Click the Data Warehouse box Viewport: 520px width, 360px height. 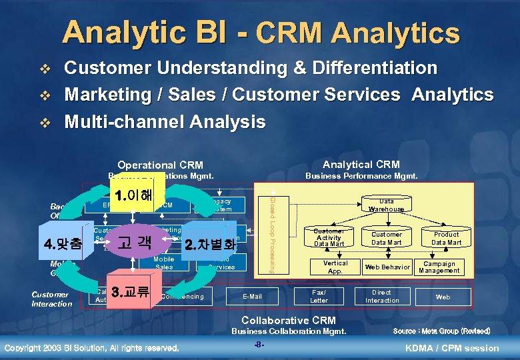coord(386,205)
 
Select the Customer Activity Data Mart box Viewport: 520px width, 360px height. coord(329,237)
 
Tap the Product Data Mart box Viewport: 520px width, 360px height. coord(446,238)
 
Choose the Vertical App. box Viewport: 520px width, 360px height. coord(335,267)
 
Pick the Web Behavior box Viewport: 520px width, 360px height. coord(387,267)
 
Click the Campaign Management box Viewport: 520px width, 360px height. coord(439,267)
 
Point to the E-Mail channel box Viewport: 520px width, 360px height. coord(252,296)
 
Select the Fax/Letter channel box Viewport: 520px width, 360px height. coord(319,296)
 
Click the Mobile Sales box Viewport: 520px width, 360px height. coord(163,263)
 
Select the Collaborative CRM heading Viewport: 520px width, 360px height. coord(288,319)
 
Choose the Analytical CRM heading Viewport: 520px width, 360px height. coord(361,164)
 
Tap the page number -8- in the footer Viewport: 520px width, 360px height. coord(260,345)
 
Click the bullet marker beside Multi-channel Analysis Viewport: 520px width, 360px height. coord(45,123)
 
